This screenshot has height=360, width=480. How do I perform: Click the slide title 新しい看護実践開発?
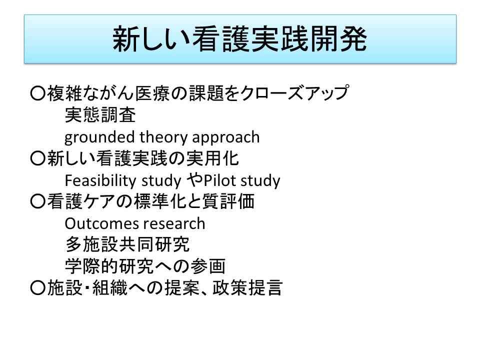pos(239,39)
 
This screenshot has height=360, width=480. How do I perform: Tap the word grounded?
pos(99,137)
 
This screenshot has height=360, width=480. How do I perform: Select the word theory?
pos(163,137)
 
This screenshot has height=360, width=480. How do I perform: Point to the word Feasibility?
pos(100,180)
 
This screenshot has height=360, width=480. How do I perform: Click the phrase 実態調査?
pos(100,115)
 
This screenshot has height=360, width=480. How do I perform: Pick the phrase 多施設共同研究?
pos(127,244)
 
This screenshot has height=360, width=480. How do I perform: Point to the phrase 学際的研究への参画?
pos(145,266)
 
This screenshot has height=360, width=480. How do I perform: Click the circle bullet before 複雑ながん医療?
pos(38,93)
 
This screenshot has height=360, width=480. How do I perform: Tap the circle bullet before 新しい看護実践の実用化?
pos(38,158)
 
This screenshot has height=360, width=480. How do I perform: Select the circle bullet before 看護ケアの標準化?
pos(38,201)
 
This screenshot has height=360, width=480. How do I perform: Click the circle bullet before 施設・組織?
pos(38,288)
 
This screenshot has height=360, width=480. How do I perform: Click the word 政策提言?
pos(247,288)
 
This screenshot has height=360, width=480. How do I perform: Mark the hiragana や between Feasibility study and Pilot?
pos(195,179)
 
